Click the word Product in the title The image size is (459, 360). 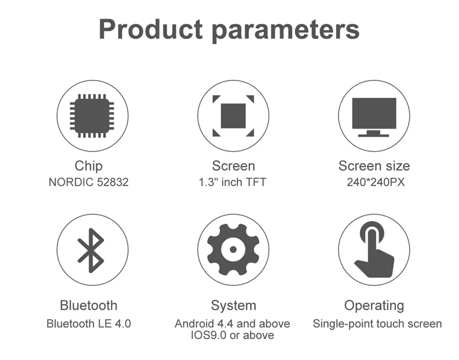tap(151, 29)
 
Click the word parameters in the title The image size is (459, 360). tap(285, 31)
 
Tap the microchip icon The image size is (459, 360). tap(92, 116)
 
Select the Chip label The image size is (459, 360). tap(88, 166)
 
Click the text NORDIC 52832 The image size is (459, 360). tap(88, 182)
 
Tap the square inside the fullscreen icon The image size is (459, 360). tap(233, 116)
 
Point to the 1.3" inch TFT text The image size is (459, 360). tap(232, 182)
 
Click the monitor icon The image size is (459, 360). tap(374, 117)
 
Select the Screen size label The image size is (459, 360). tap(374, 166)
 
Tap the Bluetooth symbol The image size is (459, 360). tap(91, 250)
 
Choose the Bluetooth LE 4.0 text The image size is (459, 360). tap(88, 324)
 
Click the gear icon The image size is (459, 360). tap(233, 250)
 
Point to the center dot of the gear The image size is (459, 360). tap(233, 250)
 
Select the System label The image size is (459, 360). tap(234, 306)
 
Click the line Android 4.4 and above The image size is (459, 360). tap(232, 324)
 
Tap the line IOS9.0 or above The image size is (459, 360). tap(232, 335)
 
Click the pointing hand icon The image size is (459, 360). tap(374, 249)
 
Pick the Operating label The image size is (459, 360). tap(374, 306)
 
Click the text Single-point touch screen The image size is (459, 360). tap(378, 324)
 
